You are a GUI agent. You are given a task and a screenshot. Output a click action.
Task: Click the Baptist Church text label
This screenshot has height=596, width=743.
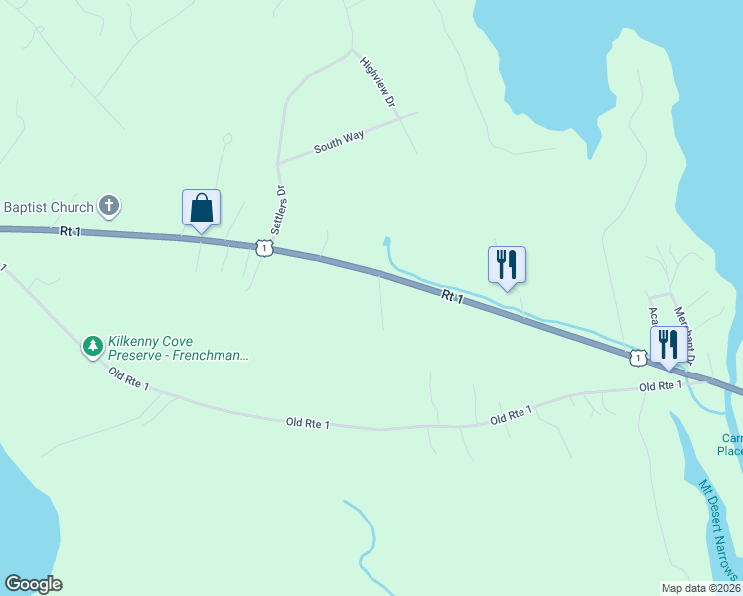click(49, 207)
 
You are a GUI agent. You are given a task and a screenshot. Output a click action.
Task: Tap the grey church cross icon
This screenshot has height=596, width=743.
click(109, 207)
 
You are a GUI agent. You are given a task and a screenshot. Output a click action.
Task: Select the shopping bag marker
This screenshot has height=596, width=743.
click(201, 209)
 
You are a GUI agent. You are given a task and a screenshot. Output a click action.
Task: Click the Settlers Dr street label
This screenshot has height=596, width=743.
click(281, 208)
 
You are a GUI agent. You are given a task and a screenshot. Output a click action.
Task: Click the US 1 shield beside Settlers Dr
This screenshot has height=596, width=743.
click(263, 247)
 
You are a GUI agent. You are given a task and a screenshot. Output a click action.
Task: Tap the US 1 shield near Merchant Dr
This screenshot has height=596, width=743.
click(635, 357)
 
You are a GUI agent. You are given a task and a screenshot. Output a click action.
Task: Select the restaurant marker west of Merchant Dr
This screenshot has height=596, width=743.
click(507, 265)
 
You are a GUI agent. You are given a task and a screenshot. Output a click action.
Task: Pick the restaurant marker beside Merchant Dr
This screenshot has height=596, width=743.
click(668, 345)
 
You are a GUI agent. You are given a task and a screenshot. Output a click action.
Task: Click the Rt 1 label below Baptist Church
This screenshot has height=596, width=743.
click(70, 231)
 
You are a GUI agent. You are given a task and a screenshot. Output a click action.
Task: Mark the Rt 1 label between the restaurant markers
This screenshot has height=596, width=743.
click(452, 296)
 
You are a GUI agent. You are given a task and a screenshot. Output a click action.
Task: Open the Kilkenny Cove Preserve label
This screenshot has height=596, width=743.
click(178, 347)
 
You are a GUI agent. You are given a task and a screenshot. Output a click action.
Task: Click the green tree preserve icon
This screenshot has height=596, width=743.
click(93, 346)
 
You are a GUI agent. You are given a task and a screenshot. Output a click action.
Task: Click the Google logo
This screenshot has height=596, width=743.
click(33, 584)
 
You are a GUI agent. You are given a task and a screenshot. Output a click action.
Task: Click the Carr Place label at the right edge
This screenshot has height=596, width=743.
click(730, 444)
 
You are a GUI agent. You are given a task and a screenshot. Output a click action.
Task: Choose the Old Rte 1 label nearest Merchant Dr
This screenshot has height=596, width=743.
click(661, 386)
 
